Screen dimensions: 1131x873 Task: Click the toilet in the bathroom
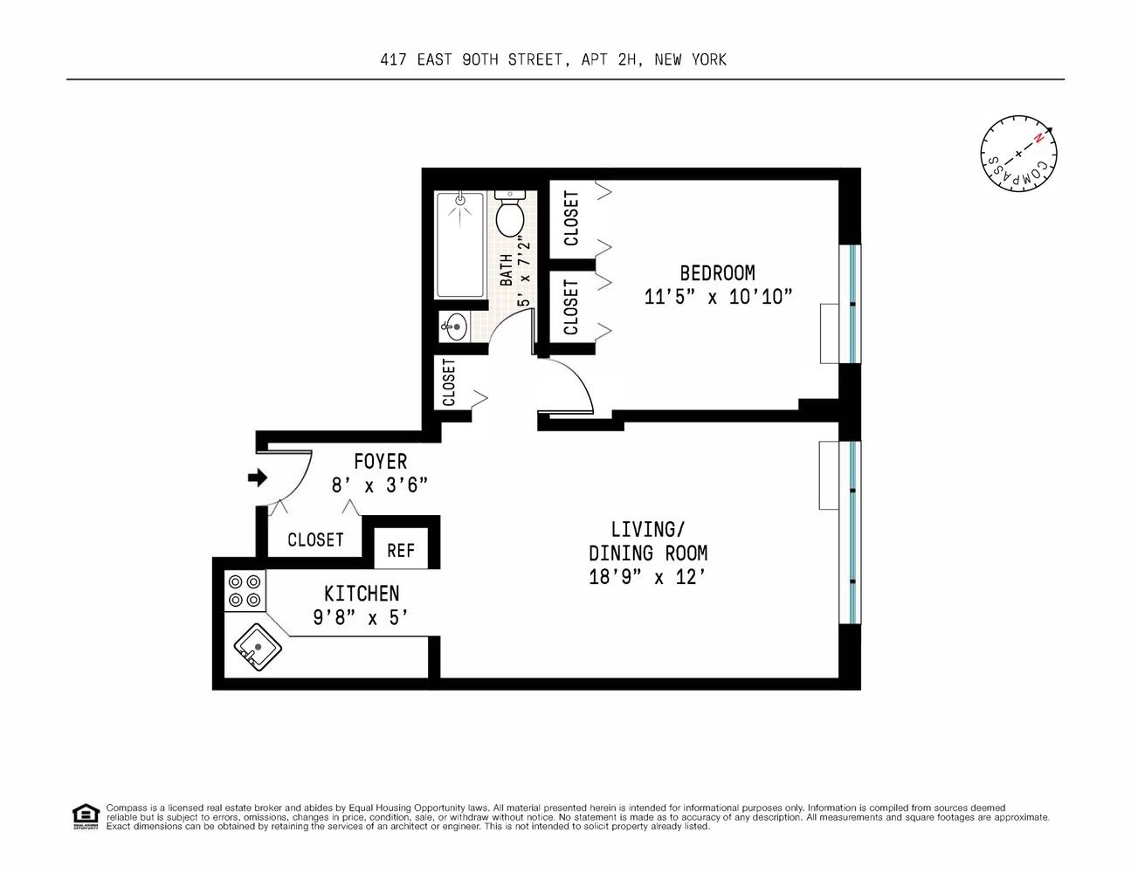(x=509, y=213)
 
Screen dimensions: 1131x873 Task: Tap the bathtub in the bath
(x=460, y=244)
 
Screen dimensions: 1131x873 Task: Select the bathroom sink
(x=454, y=327)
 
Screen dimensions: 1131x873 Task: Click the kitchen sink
(x=258, y=647)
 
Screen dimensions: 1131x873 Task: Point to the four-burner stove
(x=245, y=590)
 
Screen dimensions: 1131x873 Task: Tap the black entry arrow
(x=258, y=477)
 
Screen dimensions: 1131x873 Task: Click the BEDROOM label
(x=717, y=273)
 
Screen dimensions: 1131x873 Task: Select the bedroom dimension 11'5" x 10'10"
(x=718, y=297)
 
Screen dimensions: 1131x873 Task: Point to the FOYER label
(x=381, y=462)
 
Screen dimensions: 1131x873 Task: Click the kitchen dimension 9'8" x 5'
(x=360, y=618)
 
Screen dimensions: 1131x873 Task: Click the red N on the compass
(x=1038, y=139)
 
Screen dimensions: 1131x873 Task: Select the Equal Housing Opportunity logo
(x=86, y=817)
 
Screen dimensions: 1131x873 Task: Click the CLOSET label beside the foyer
(x=315, y=540)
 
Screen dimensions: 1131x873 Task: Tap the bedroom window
(x=852, y=304)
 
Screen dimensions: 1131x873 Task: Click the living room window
(x=852, y=533)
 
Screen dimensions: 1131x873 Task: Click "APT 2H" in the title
(x=609, y=60)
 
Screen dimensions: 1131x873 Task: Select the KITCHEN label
(x=362, y=594)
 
